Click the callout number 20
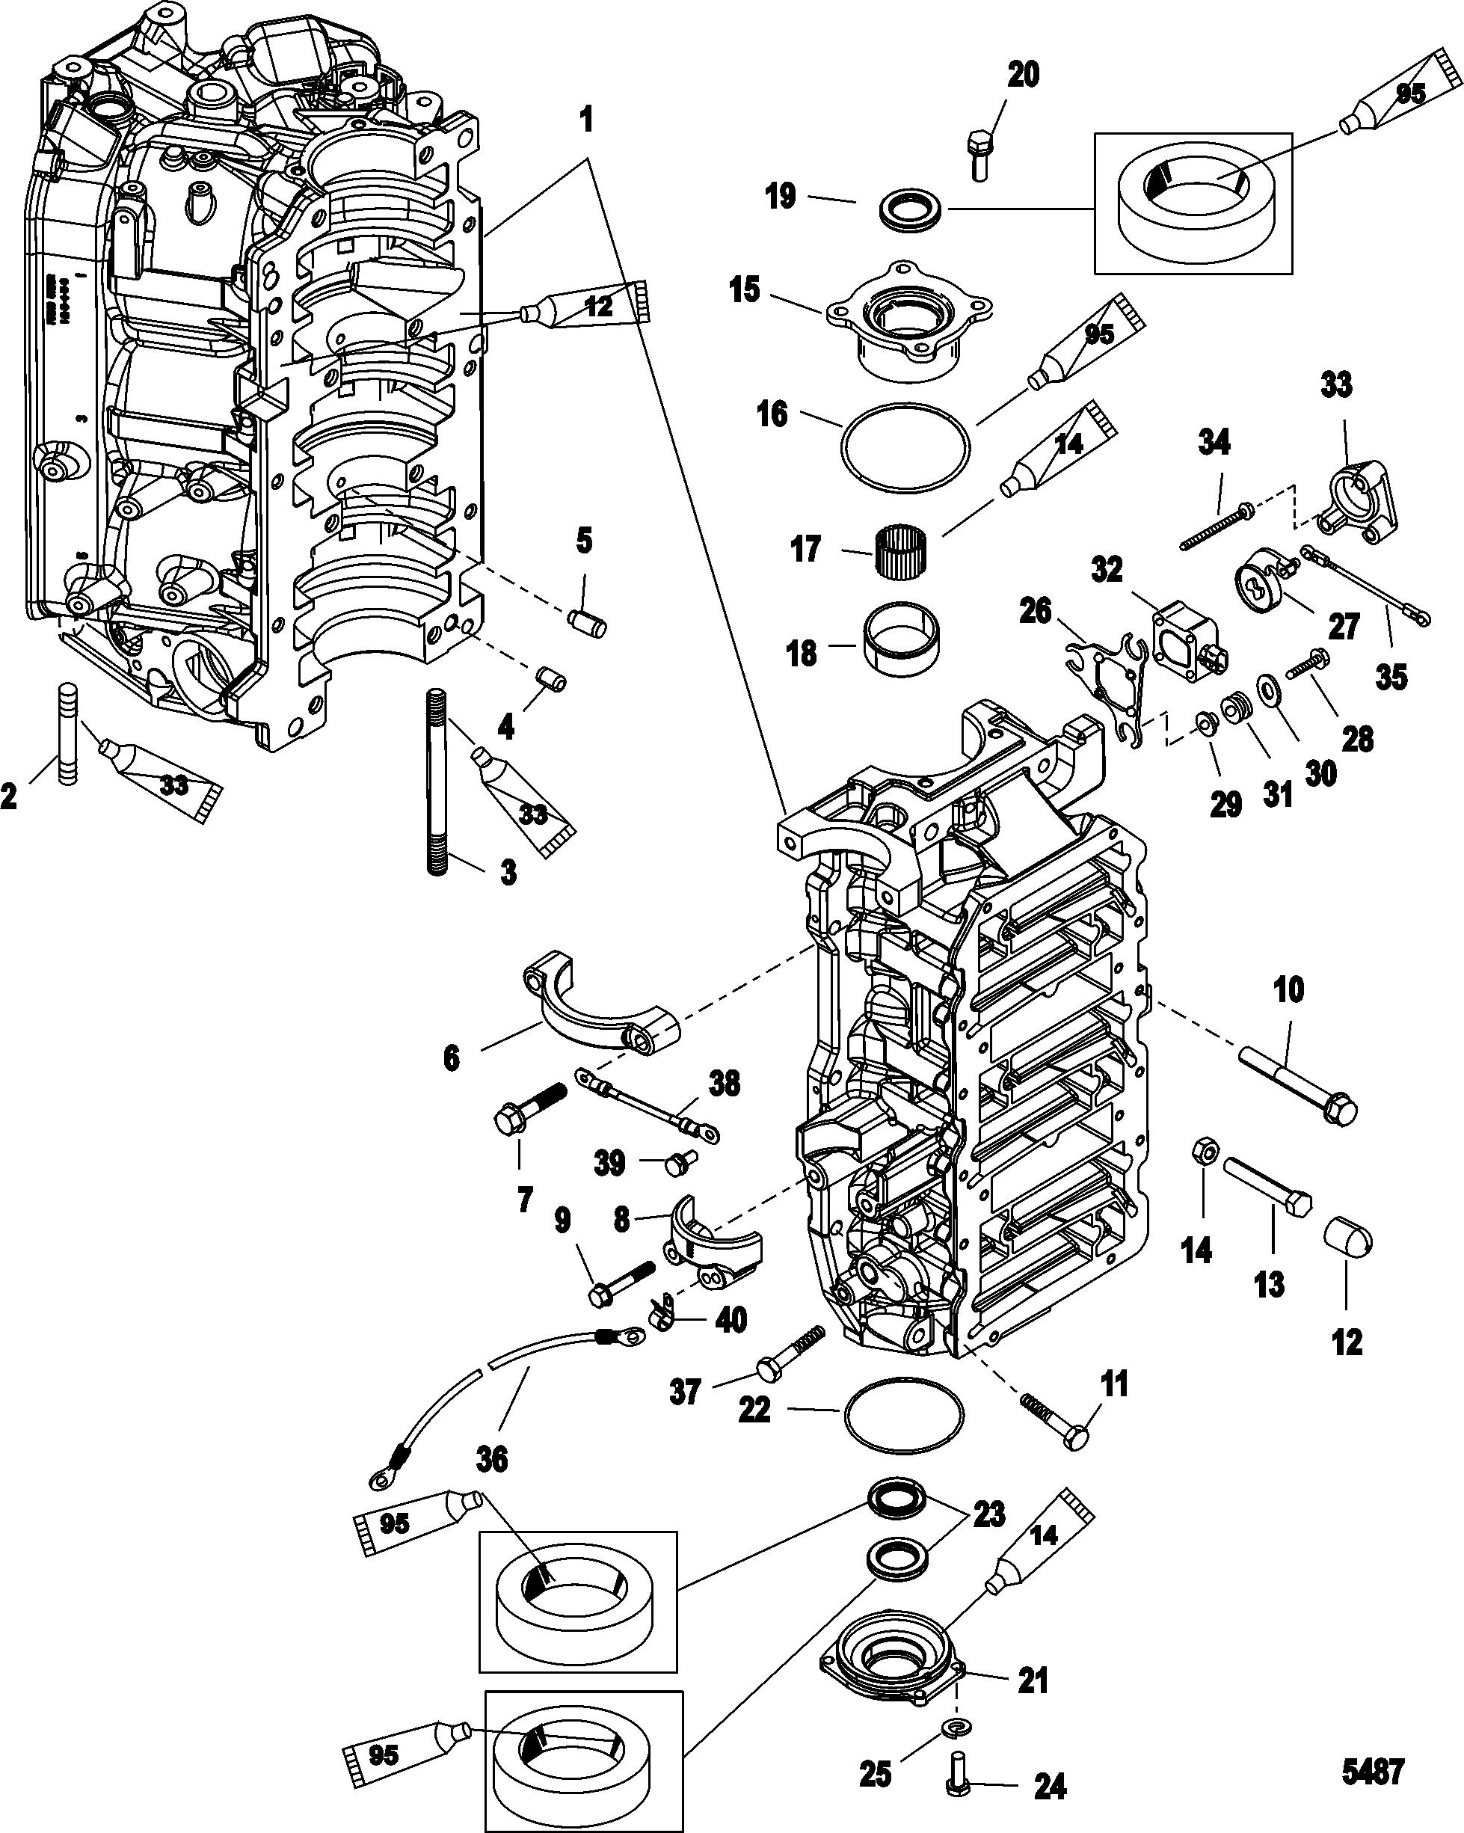(x=1023, y=76)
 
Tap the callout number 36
(x=492, y=1460)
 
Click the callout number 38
(x=724, y=1084)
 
